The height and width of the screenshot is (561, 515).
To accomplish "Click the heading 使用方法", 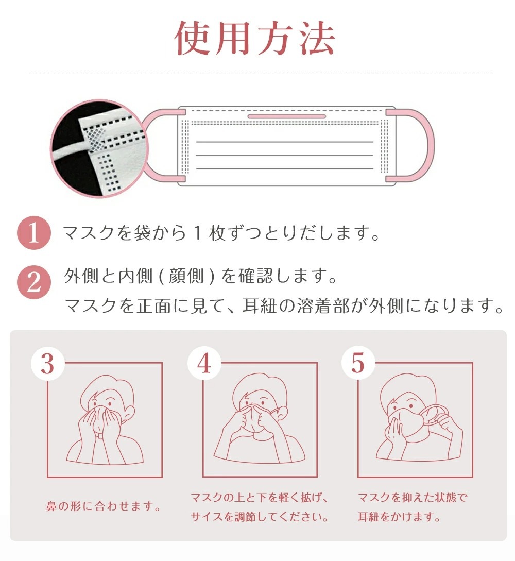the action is tap(254, 38).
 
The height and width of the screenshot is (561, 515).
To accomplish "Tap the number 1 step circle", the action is tap(34, 233).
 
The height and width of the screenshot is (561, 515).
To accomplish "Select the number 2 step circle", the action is tap(34, 282).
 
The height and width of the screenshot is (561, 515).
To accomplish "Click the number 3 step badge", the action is tap(47, 364).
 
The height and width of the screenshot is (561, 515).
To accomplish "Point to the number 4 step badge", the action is tap(204, 364).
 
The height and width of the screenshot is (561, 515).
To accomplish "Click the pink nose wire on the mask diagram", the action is tap(286, 116).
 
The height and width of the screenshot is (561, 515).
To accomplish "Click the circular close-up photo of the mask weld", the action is tap(99, 148).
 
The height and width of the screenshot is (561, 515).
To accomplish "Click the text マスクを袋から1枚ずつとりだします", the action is tap(221, 233).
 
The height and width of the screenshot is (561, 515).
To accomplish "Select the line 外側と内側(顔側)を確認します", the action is tap(200, 276).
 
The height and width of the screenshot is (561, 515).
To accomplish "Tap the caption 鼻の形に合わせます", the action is tap(104, 506).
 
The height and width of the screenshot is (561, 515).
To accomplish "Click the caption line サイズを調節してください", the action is tap(260, 517).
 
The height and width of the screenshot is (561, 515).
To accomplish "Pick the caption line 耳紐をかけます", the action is tap(399, 517).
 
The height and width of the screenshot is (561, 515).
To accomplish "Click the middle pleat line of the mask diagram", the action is tap(285, 155).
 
